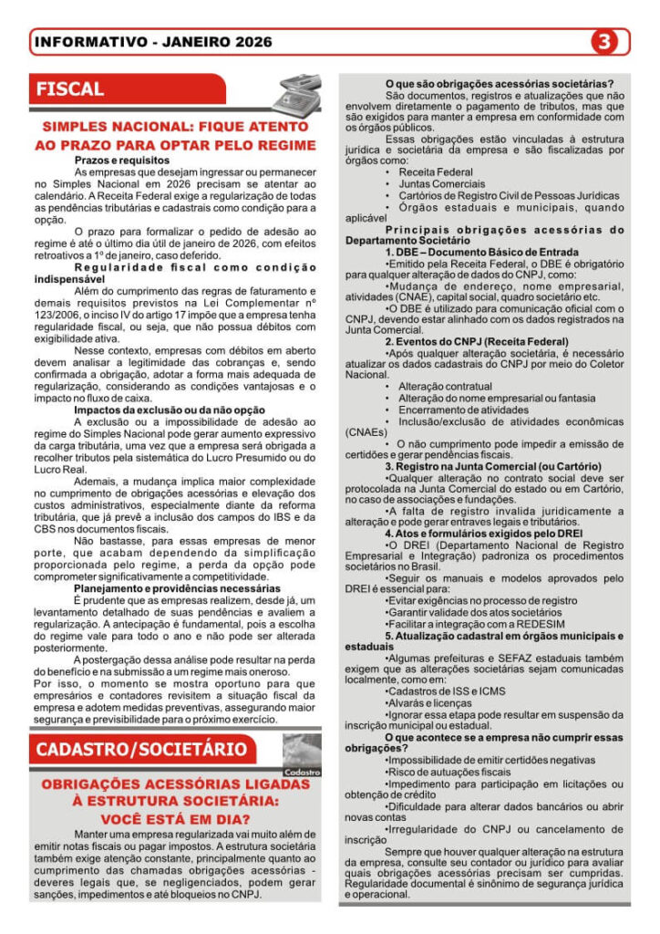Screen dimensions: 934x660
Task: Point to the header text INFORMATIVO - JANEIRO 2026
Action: (152, 42)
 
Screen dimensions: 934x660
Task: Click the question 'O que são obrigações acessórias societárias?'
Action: (499, 83)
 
